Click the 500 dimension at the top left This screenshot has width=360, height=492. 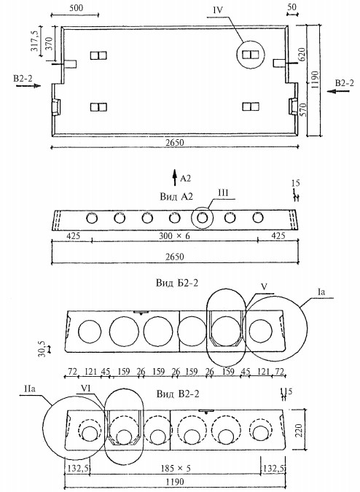click(76, 7)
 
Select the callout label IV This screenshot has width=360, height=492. click(218, 10)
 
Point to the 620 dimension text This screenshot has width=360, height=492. click(302, 55)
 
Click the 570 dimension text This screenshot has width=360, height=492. click(303, 110)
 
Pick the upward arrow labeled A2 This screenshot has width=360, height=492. click(175, 178)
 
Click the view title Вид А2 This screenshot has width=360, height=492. click(176, 196)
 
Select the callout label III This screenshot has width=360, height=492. click(223, 192)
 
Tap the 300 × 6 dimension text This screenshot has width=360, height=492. click(174, 235)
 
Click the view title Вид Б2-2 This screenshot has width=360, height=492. click(177, 283)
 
